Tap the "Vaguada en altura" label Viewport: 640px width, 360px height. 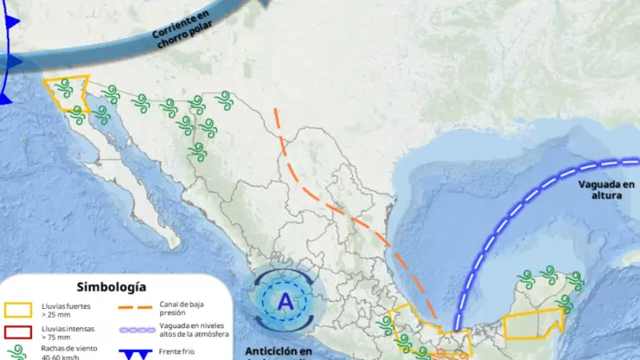(x=606, y=190)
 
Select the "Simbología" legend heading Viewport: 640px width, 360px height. (x=112, y=287)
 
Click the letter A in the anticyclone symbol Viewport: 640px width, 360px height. (x=285, y=302)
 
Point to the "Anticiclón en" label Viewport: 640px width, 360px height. (x=278, y=350)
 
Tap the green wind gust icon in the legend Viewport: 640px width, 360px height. (x=16, y=352)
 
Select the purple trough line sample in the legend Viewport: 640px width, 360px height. (x=138, y=331)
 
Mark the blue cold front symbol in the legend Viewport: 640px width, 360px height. (x=138, y=353)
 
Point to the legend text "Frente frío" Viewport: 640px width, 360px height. (x=176, y=353)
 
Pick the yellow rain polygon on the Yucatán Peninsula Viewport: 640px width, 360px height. (x=533, y=324)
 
